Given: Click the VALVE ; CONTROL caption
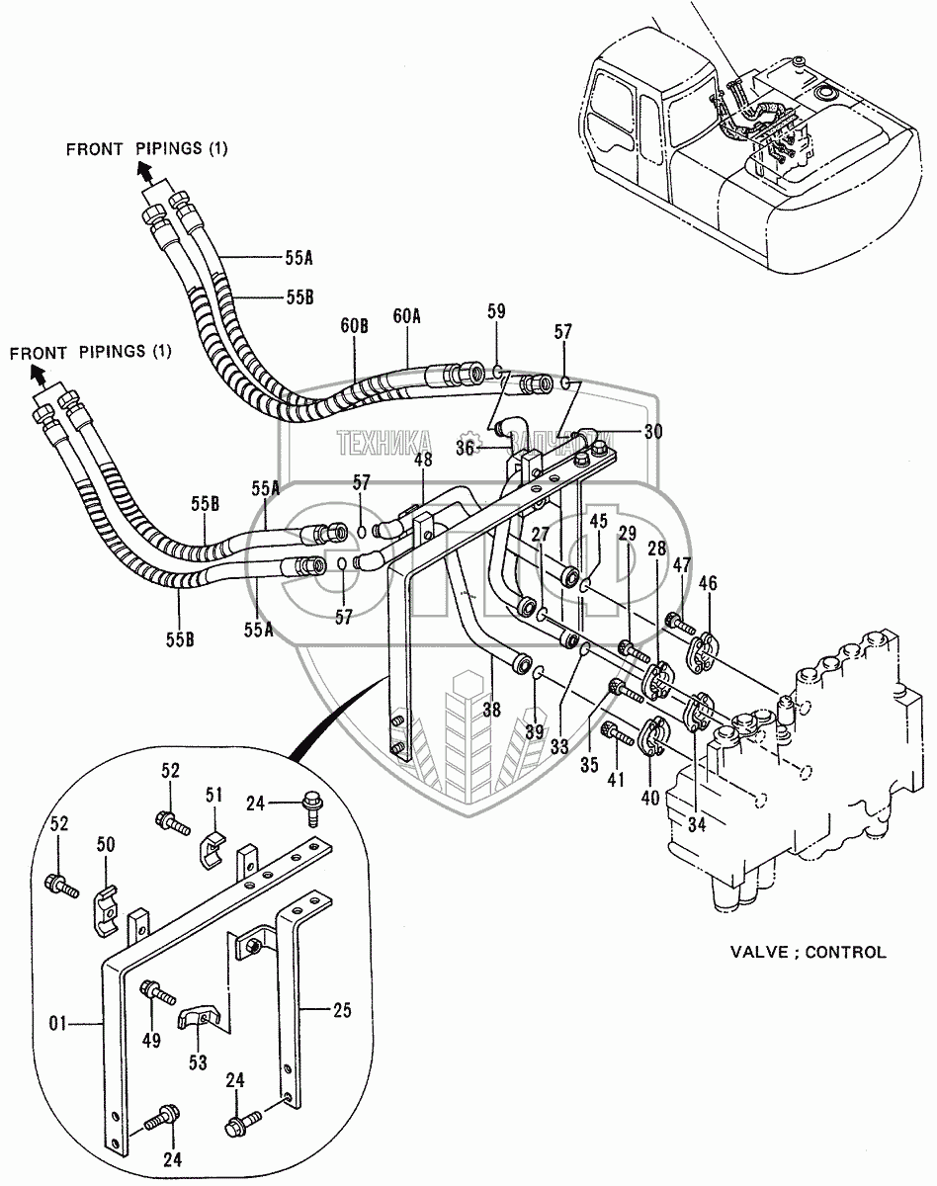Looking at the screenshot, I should coord(808,953).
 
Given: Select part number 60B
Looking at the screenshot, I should coord(356,327).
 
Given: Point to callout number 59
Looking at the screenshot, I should coord(496,312).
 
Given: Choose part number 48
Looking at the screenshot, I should coord(423,460).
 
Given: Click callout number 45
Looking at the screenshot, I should coord(597,522).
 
